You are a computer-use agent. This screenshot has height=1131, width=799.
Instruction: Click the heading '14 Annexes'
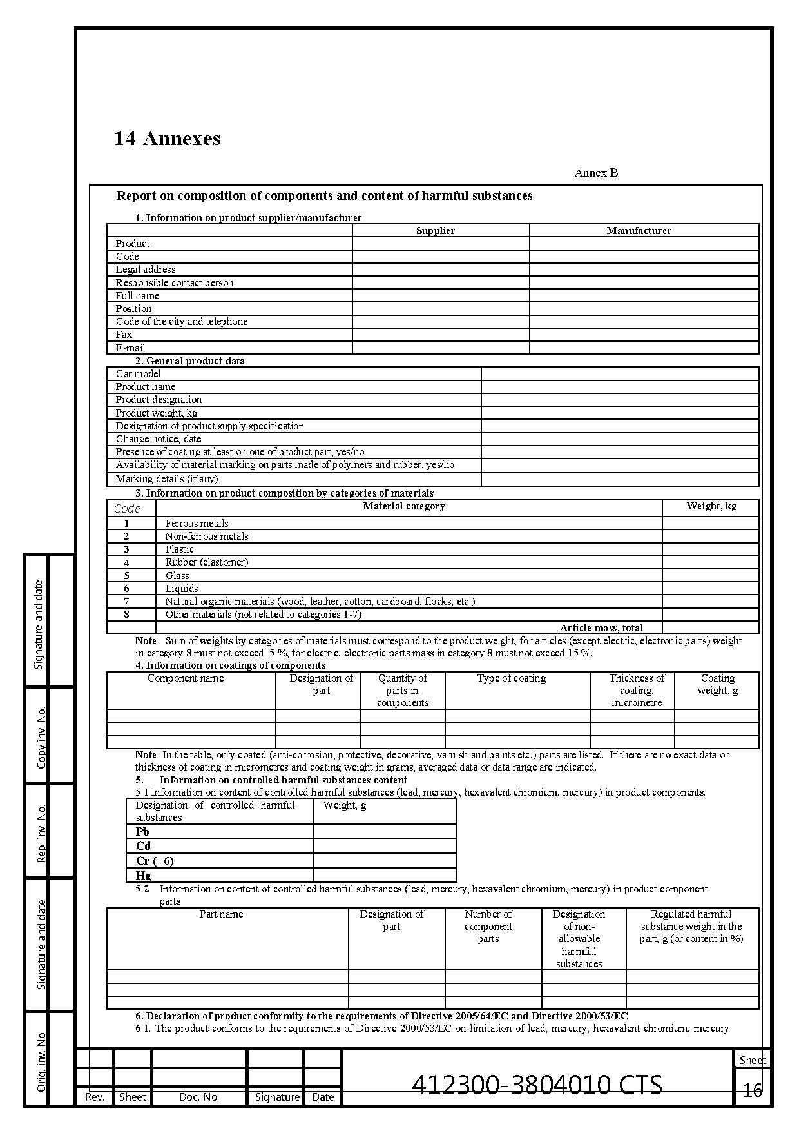[x=167, y=139]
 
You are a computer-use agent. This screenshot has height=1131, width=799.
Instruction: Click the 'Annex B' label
[x=596, y=173]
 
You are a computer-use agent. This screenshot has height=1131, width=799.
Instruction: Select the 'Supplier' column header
[x=435, y=231]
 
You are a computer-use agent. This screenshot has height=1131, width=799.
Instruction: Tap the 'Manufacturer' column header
[x=639, y=231]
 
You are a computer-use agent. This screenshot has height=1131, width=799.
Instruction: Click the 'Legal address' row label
[x=146, y=270]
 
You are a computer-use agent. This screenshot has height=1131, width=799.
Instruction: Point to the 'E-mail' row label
[x=130, y=348]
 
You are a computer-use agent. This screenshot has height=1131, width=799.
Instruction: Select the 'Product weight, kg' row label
[x=157, y=413]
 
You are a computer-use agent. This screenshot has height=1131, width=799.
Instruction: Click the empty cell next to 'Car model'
[x=619, y=374]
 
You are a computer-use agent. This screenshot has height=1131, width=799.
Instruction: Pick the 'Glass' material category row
[x=177, y=576]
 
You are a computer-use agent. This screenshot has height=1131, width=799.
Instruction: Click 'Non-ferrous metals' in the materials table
[x=206, y=536]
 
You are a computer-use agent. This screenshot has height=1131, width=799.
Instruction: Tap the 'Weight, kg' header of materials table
[x=711, y=506]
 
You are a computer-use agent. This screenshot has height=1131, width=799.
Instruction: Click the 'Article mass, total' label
[x=601, y=628]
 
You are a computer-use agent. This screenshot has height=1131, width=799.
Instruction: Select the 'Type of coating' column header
[x=512, y=678]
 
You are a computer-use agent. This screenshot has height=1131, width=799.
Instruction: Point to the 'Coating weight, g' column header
[x=718, y=684]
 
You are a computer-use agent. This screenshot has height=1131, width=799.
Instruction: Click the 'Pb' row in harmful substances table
[x=142, y=832]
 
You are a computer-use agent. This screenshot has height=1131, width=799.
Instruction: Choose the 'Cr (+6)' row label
[x=155, y=861]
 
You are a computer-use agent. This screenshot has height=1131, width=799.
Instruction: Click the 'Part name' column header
[x=221, y=914]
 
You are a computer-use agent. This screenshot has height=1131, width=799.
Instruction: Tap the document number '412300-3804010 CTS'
[x=537, y=1085]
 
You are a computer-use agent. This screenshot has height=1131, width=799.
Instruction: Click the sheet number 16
[x=753, y=1090]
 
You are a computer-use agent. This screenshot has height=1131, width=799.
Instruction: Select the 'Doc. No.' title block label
[x=199, y=1097]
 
